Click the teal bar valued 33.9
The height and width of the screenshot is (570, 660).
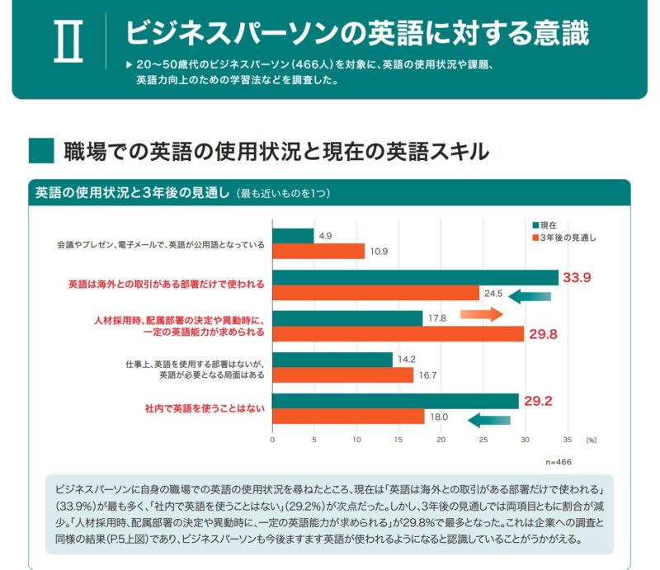coord(415,277)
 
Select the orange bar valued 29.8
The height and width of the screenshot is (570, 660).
coord(398,333)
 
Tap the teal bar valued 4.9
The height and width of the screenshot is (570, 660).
coord(293,236)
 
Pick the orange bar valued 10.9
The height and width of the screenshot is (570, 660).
coord(318,251)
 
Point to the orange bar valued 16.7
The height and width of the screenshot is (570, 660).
coord(342,375)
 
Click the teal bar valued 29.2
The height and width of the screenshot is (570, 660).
coord(395,401)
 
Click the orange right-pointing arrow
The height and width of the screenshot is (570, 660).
coord(481,314)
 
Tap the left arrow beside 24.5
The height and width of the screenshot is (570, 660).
coord(529,296)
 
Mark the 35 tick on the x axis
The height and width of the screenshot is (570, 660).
coord(567,440)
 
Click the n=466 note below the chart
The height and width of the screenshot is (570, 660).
coord(558,463)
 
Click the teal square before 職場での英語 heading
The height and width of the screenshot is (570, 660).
coord(40,151)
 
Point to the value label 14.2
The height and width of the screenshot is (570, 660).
coord(407,360)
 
